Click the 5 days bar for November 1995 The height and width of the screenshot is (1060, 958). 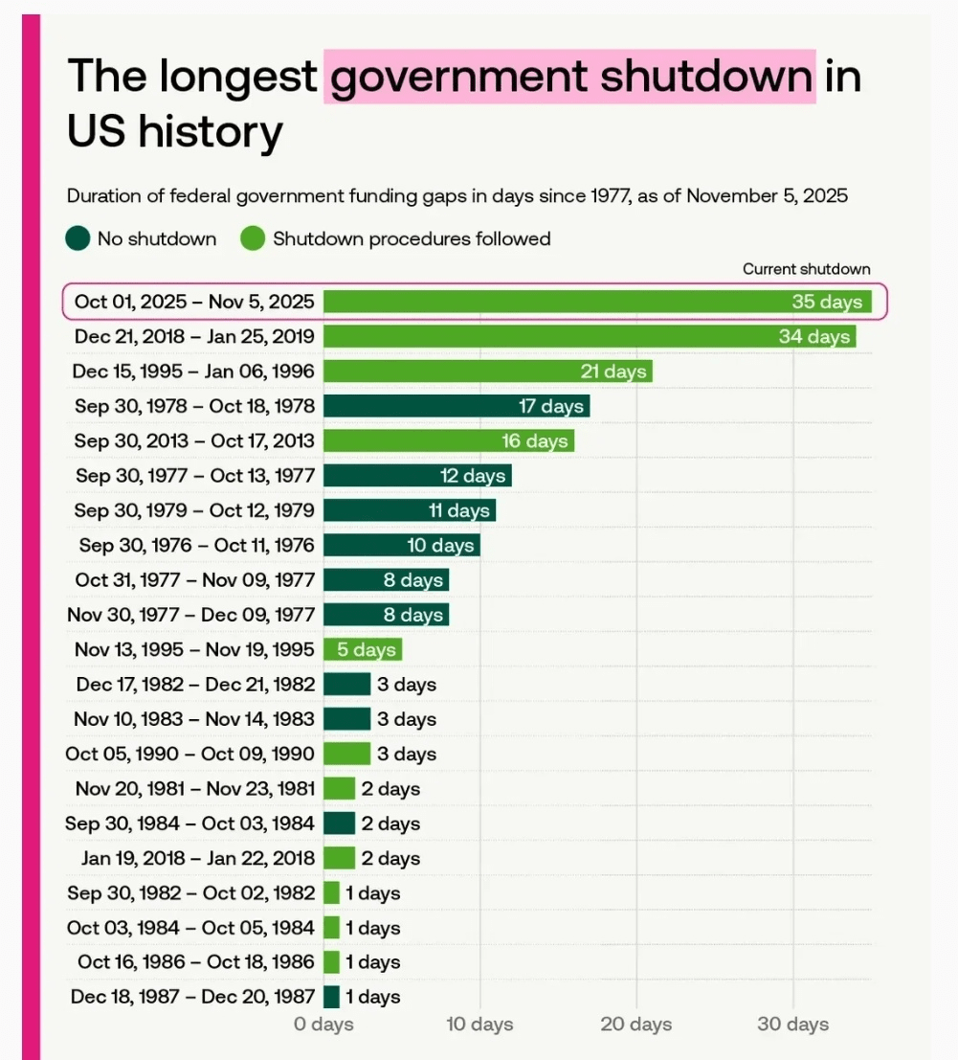362,649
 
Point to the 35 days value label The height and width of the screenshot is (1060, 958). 827,302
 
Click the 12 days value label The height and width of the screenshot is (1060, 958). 471,476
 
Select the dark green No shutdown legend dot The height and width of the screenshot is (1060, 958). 78,238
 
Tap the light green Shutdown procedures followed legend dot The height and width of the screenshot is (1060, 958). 252,238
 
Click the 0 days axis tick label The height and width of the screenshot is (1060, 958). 323,1024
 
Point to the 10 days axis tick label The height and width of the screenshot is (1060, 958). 479,1024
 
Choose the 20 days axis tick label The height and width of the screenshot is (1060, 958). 636,1024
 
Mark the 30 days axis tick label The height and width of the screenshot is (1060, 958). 792,1024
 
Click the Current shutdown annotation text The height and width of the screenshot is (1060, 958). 807,269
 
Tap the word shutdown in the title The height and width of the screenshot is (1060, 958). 706,76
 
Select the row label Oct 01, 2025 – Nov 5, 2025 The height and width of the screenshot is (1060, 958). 194,302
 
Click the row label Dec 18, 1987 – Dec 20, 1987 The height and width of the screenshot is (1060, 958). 192,997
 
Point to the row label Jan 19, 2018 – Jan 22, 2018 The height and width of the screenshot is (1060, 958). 197,858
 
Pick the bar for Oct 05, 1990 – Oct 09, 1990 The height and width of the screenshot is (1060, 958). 346,754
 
